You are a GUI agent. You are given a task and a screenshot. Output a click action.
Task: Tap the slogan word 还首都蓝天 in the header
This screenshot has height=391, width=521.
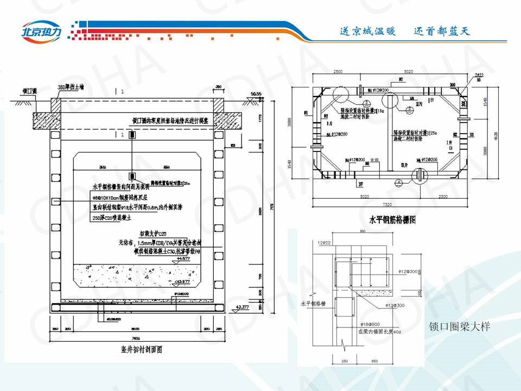point(441,31)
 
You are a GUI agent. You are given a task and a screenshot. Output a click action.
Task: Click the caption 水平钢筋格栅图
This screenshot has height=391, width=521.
point(392,220)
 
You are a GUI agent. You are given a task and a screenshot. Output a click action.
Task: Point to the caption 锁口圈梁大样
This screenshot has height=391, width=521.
point(459,327)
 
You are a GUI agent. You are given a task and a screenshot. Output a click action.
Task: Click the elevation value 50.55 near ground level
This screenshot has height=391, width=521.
point(256,94)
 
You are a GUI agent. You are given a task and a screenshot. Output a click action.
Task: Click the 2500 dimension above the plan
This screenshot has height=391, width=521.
point(338,72)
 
